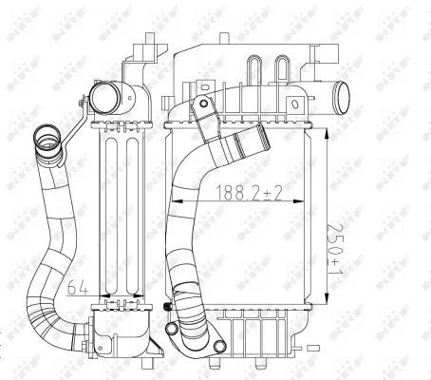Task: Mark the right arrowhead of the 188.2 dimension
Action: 306,201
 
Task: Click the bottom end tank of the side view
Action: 122,328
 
